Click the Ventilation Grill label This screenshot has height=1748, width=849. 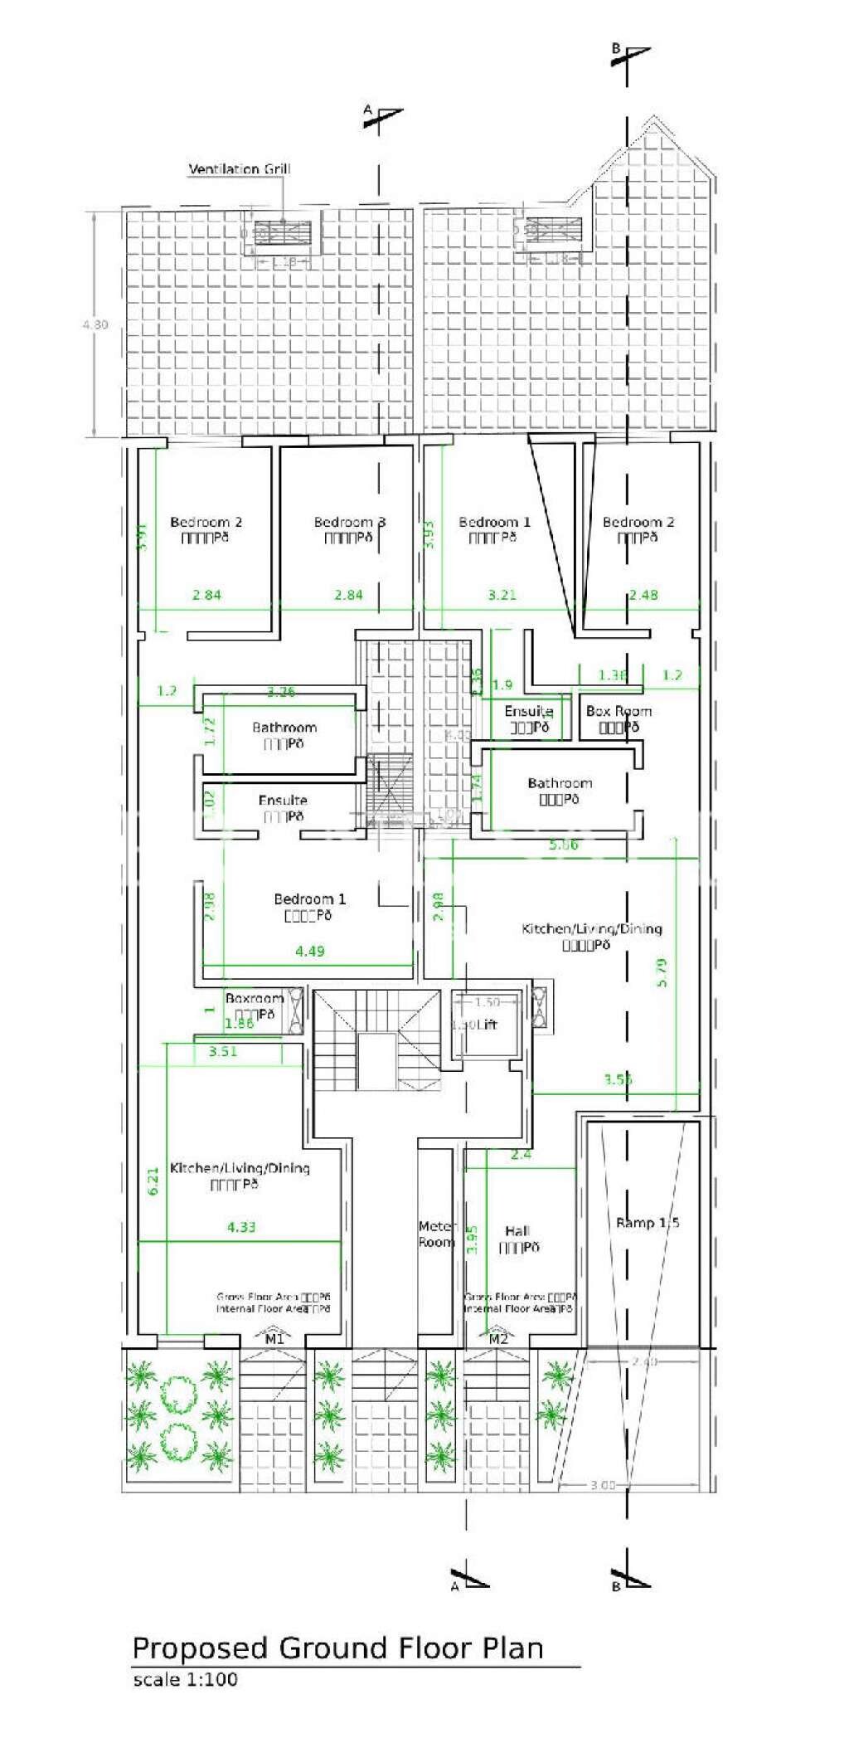pos(240,169)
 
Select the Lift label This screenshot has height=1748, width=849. pos(487,1025)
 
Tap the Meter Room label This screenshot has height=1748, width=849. pos(436,1234)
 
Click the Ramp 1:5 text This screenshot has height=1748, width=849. pos(648,1222)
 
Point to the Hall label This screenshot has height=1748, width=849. pos(517,1230)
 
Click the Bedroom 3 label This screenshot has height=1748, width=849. pos(349,522)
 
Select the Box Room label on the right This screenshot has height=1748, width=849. pos(619,711)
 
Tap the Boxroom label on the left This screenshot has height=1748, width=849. pos(254,999)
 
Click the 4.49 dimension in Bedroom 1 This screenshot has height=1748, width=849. pos(309,951)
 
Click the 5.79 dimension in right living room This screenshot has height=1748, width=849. pos(662,971)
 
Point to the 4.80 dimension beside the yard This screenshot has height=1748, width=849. pos(95,324)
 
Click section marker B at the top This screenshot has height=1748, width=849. pos(616,49)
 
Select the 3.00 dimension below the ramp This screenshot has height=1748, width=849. pos(603,1485)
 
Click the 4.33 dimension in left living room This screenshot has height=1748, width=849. pos(240,1226)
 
